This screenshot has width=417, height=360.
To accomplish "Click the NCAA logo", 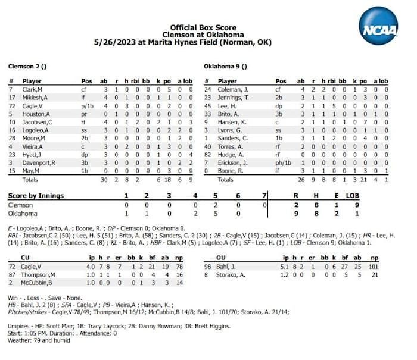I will [x=378, y=26].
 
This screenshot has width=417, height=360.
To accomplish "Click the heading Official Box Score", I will [x=203, y=27].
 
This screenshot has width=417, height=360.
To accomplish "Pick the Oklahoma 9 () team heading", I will [x=225, y=66].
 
